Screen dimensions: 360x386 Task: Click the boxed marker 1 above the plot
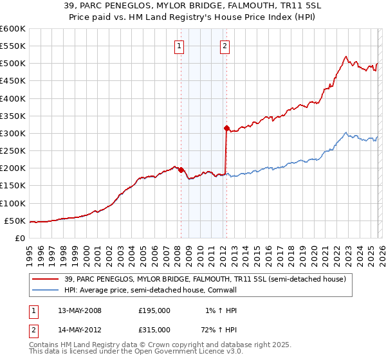pyautogui.click(x=179, y=46)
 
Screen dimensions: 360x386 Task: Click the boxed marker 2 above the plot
pyautogui.click(x=225, y=46)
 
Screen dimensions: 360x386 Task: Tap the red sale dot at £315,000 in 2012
pyautogui.click(x=226, y=128)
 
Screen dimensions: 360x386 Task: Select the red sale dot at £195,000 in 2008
pyautogui.click(x=181, y=170)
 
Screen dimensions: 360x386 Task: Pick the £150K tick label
pyautogui.click(x=13, y=186)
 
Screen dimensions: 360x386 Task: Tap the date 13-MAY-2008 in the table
pyautogui.click(x=80, y=310)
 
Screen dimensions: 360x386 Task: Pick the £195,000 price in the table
pyautogui.click(x=154, y=310)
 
